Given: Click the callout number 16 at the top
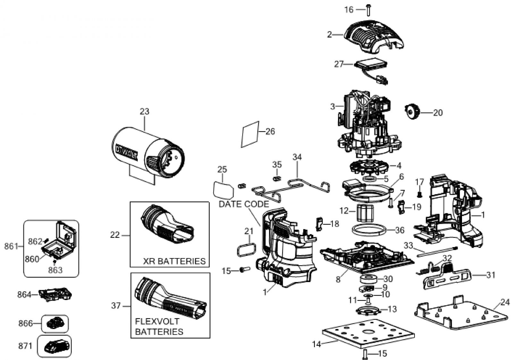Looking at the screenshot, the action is pos(349,10).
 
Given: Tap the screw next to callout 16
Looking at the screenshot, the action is pos(368,10).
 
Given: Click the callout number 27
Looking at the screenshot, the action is pos(339,64).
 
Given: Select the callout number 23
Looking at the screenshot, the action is pos(145,112).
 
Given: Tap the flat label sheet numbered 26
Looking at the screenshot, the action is pos(250,134).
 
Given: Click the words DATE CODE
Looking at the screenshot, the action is pos(243,204).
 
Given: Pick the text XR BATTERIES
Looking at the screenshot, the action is pos(174,261).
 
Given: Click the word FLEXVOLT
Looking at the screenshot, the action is pos(157,321).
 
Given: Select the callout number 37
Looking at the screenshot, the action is pos(116,306).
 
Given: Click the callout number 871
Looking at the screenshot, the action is pos(25,346).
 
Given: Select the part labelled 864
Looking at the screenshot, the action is pos(55,294).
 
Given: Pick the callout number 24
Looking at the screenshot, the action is pos(505,303).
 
